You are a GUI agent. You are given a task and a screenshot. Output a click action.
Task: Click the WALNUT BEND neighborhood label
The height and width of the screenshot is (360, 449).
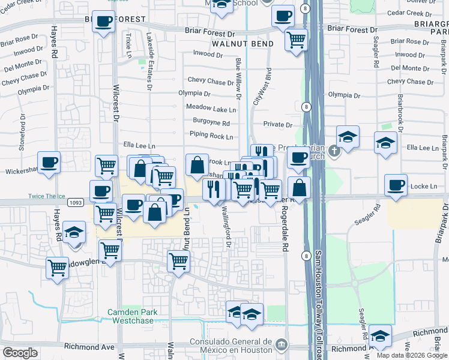[243, 44]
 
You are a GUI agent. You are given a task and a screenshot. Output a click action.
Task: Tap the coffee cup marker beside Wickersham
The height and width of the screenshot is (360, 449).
[49, 161]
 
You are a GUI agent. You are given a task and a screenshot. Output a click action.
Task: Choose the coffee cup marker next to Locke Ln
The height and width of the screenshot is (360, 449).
[396, 185]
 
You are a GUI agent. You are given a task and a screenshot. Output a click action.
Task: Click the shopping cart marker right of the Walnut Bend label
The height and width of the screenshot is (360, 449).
[296, 40]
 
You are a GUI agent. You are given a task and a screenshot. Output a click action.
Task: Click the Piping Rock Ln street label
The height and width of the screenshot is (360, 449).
[211, 137]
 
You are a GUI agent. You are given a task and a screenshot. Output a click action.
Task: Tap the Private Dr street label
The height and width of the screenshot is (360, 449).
[277, 125]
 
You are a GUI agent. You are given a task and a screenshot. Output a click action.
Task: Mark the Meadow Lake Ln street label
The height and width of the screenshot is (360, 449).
[211, 109]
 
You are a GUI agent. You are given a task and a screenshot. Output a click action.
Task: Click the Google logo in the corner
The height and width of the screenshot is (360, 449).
[20, 353]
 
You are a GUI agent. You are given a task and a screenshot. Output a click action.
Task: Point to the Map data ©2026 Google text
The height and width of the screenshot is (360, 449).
[411, 355]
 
